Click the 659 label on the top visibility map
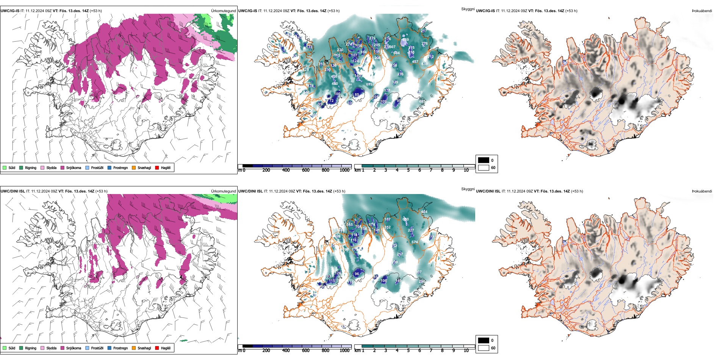tap(405, 40)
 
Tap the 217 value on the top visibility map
tap(424, 31)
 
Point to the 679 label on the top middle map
tap(369, 84)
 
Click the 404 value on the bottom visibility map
tap(424, 212)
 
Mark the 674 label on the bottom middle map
tap(415, 242)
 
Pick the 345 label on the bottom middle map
tap(349, 224)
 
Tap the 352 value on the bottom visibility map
tap(387, 227)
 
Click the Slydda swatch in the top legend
tap(42, 167)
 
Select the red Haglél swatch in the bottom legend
tap(157, 348)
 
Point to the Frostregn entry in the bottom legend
tap(110, 348)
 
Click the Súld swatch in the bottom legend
tap(5, 348)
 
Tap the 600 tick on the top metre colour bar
tap(306, 170)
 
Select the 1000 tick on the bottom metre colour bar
tap(344, 351)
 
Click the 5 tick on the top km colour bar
tap(409, 170)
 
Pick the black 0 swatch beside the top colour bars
tap(484, 160)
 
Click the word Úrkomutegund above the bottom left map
tap(223, 191)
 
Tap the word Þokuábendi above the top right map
tap(702, 11)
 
